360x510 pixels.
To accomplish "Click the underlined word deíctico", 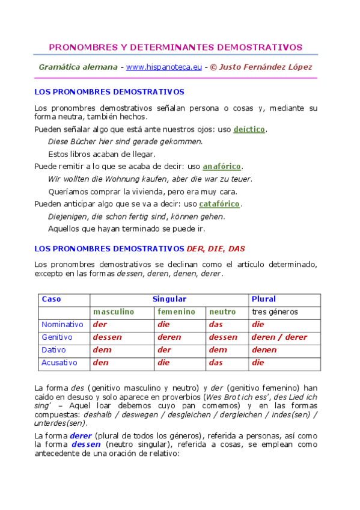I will click(249, 129).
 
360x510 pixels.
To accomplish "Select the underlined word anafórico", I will click(222, 166).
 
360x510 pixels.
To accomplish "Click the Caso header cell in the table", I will click(51, 299).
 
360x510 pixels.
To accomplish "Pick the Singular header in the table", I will click(169, 299).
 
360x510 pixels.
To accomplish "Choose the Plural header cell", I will click(264, 299).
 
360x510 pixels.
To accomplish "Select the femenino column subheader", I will click(176, 312).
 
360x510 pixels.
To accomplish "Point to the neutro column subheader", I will click(222, 312).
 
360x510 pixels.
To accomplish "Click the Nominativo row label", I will click(63, 325).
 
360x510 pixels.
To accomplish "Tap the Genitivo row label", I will click(57, 337).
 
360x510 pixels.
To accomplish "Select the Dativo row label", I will click(53, 350).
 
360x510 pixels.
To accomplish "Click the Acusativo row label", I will click(60, 363).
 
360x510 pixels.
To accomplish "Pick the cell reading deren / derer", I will click(279, 337).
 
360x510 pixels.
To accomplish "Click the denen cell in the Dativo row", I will click(264, 350).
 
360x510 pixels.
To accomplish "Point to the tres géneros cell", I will click(275, 312).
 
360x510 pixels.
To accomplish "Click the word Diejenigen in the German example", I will click(67, 217).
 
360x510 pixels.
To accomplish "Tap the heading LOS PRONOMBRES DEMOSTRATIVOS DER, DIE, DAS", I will click(139, 248).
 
